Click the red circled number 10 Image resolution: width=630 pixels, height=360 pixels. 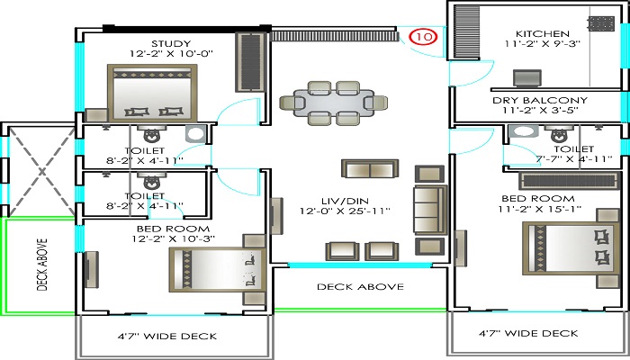[423, 37]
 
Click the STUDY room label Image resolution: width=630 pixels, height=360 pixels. [169, 43]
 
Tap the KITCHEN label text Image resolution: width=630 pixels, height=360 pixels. [537, 33]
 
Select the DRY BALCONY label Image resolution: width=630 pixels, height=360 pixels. [540, 100]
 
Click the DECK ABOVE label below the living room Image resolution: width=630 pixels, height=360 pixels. [360, 287]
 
